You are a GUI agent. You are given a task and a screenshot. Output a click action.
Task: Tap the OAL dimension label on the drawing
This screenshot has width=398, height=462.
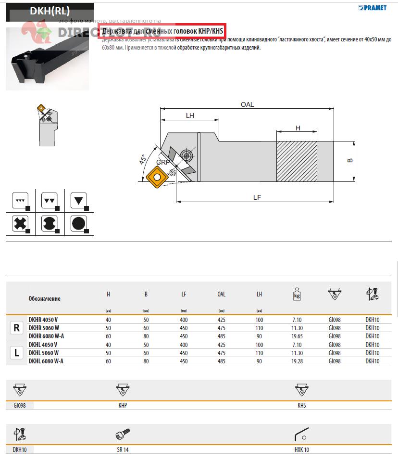[247, 104]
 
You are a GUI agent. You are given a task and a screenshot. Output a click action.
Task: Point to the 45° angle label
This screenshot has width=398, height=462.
[143, 160]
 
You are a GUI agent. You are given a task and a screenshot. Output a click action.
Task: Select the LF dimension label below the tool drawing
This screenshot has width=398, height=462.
[257, 197]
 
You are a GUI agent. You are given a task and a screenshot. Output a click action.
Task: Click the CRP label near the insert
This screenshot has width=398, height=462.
[163, 163]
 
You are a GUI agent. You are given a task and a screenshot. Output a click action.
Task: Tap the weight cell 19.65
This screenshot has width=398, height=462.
[297, 336]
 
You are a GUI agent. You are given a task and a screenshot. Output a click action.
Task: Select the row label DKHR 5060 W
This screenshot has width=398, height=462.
[43, 328]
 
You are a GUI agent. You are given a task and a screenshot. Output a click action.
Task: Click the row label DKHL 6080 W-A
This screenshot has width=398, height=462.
[46, 361]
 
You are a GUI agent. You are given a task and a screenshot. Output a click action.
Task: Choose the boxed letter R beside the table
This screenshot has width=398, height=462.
[16, 328]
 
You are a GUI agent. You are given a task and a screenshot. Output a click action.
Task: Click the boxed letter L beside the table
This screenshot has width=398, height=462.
[16, 353]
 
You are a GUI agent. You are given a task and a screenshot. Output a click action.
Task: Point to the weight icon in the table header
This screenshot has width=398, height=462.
[297, 294]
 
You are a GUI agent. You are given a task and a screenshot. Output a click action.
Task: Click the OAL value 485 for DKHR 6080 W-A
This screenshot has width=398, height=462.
[221, 336]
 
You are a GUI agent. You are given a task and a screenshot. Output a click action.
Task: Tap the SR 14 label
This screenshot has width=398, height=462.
[123, 450]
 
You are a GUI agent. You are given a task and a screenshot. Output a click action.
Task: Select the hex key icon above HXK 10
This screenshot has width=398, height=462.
[301, 435]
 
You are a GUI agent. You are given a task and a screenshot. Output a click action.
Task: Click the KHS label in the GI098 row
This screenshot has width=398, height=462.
[301, 406]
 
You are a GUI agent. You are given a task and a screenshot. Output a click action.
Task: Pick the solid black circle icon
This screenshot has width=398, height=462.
[79, 224]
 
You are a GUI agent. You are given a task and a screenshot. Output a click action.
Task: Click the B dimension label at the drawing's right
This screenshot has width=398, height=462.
[350, 160]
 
